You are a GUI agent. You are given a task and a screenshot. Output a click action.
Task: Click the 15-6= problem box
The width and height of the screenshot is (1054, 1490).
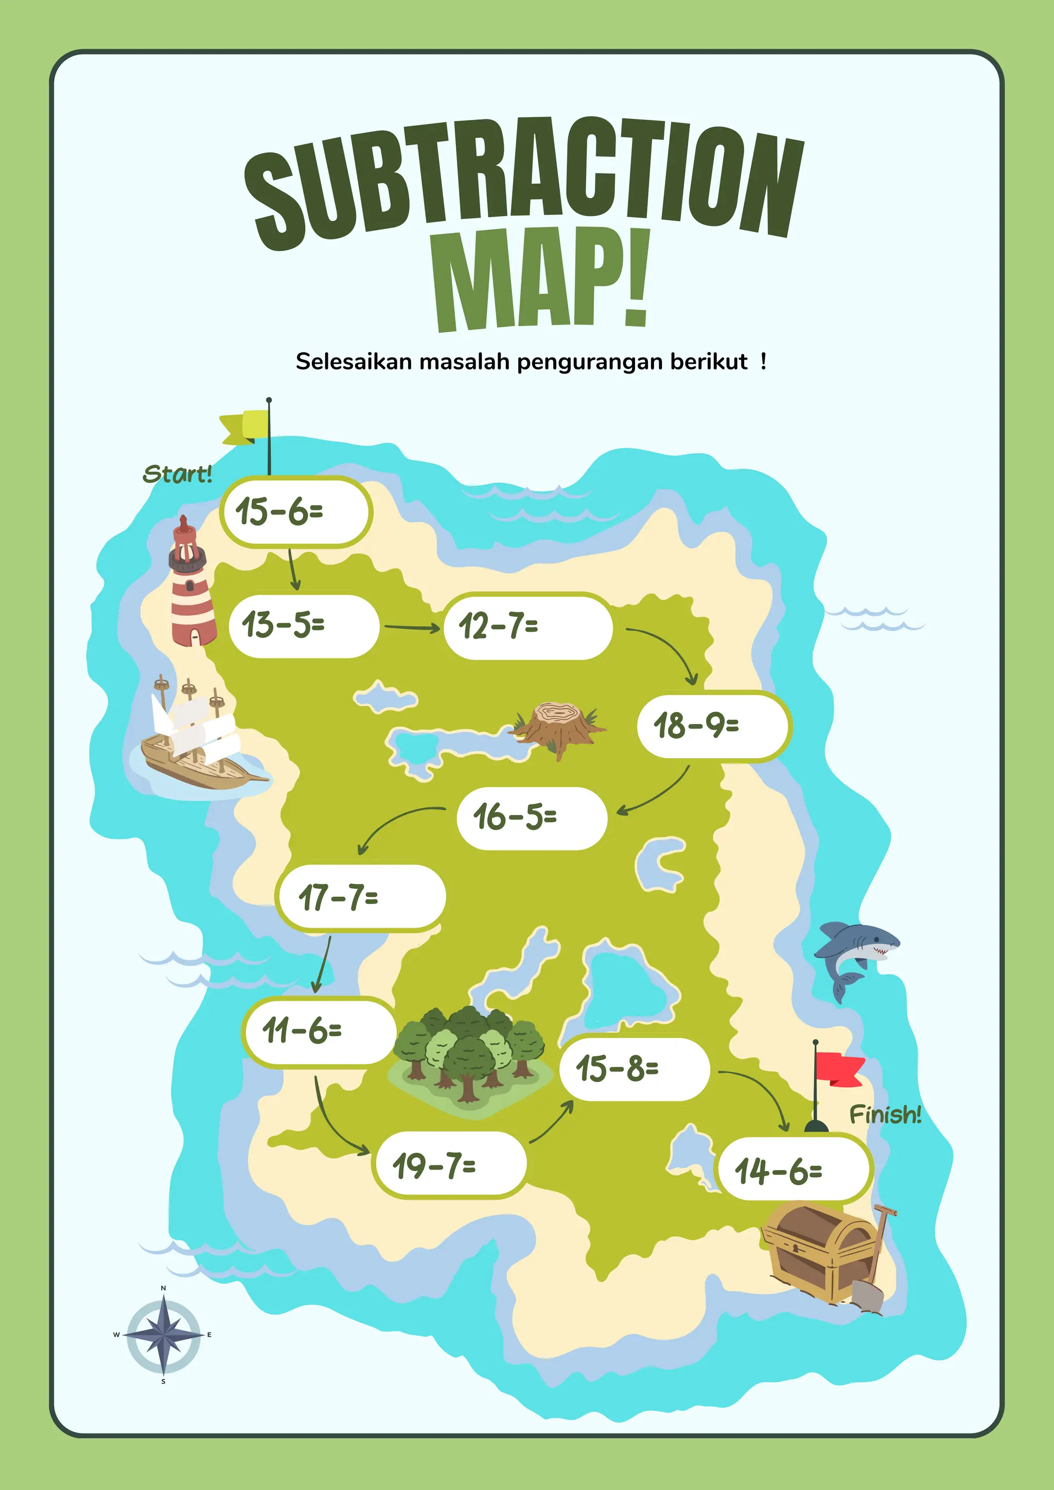296,512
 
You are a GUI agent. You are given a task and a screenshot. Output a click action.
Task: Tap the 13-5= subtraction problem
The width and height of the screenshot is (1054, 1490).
304,626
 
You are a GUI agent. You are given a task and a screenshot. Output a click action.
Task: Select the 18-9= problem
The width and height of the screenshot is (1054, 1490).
713,725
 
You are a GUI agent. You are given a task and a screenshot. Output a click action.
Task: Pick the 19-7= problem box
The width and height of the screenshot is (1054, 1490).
450,1165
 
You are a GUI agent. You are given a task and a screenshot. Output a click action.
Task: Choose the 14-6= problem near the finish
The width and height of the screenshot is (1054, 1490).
793,1170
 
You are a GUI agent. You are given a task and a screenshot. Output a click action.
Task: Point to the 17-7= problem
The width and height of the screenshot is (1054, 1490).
361,898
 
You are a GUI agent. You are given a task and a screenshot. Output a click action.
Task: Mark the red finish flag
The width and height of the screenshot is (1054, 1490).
838,1068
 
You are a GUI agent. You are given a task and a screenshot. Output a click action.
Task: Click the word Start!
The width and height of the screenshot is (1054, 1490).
177,474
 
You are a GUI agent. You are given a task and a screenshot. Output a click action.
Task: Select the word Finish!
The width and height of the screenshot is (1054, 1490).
885,1115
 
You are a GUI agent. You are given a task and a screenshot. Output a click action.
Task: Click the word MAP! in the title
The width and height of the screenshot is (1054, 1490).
542,279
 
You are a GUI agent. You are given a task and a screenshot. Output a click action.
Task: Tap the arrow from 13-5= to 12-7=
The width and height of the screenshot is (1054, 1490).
412,628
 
